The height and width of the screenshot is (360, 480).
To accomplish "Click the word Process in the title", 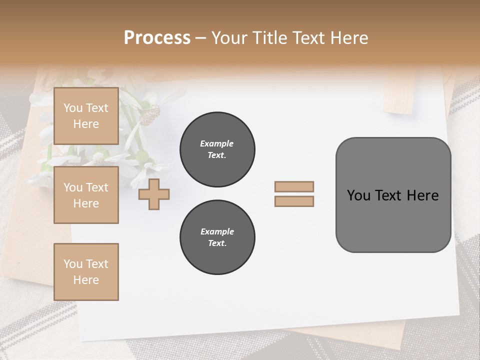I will click(x=157, y=38).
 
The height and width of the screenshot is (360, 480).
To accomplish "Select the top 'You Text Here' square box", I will click(x=86, y=116).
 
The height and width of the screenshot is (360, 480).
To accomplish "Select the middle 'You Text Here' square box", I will click(x=86, y=195).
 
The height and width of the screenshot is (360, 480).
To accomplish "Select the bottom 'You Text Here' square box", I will click(x=86, y=272).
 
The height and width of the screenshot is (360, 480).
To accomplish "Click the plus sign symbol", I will click(x=154, y=194).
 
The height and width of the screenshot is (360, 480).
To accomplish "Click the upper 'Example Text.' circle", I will click(x=217, y=149).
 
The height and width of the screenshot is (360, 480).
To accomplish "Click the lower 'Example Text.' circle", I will click(x=217, y=237).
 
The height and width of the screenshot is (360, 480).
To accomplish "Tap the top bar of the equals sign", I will click(x=294, y=187).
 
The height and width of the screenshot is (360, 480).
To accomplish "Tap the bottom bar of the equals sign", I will click(x=294, y=201).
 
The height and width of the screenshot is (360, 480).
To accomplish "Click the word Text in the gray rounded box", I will click(x=388, y=195).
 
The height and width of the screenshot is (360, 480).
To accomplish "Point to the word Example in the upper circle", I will click(x=217, y=143).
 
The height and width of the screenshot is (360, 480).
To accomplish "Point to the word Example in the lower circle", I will click(x=217, y=231).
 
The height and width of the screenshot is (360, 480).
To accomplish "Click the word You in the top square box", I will click(x=73, y=108).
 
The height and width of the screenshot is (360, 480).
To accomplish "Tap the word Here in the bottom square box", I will click(x=86, y=280).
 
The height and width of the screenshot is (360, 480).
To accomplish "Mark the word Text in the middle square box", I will click(x=97, y=187).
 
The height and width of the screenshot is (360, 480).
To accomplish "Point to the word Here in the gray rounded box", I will click(x=422, y=195).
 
